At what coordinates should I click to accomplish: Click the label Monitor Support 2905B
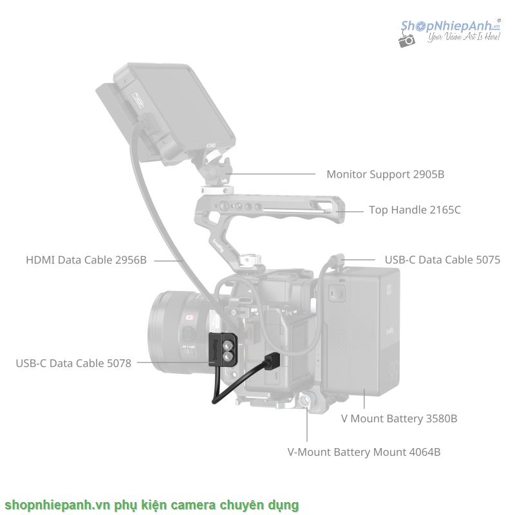pyautogui.click(x=385, y=174)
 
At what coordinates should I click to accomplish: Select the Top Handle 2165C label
pyautogui.click(x=415, y=210)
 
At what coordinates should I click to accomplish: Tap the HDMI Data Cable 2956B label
pyautogui.click(x=86, y=260)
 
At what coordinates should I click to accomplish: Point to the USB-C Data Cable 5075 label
pyautogui.click(x=442, y=260)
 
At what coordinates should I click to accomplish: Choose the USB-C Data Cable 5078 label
pyautogui.click(x=73, y=363)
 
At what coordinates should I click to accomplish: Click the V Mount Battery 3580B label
pyautogui.click(x=399, y=418)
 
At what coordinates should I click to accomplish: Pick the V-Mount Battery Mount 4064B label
pyautogui.click(x=364, y=452)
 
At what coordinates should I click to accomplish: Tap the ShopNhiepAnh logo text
pyautogui.click(x=451, y=26)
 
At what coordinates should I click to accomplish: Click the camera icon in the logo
pyautogui.click(x=407, y=40)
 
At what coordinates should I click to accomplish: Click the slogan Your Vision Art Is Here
pyautogui.click(x=464, y=39)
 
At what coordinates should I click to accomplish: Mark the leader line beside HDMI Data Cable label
pyautogui.click(x=168, y=260)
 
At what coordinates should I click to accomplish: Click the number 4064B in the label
pyautogui.click(x=425, y=452)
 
